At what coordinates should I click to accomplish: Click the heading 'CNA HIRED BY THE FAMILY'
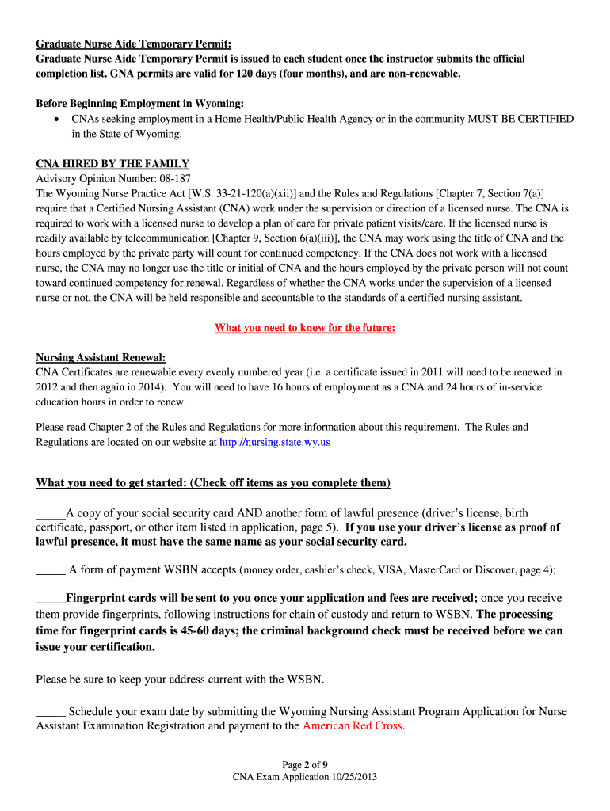(x=112, y=164)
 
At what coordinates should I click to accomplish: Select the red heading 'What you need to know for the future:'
(x=305, y=328)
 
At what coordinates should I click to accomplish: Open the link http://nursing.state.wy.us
(x=275, y=442)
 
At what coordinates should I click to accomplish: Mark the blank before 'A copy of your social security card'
(x=51, y=512)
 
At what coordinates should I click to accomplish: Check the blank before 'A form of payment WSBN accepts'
(x=51, y=569)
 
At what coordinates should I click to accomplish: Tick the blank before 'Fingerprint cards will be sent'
(x=51, y=598)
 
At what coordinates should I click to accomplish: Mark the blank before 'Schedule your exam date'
(x=51, y=711)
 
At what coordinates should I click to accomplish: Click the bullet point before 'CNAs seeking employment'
(x=55, y=119)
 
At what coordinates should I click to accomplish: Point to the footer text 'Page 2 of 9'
(x=305, y=765)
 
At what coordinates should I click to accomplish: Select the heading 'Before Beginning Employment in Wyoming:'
(x=140, y=104)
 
